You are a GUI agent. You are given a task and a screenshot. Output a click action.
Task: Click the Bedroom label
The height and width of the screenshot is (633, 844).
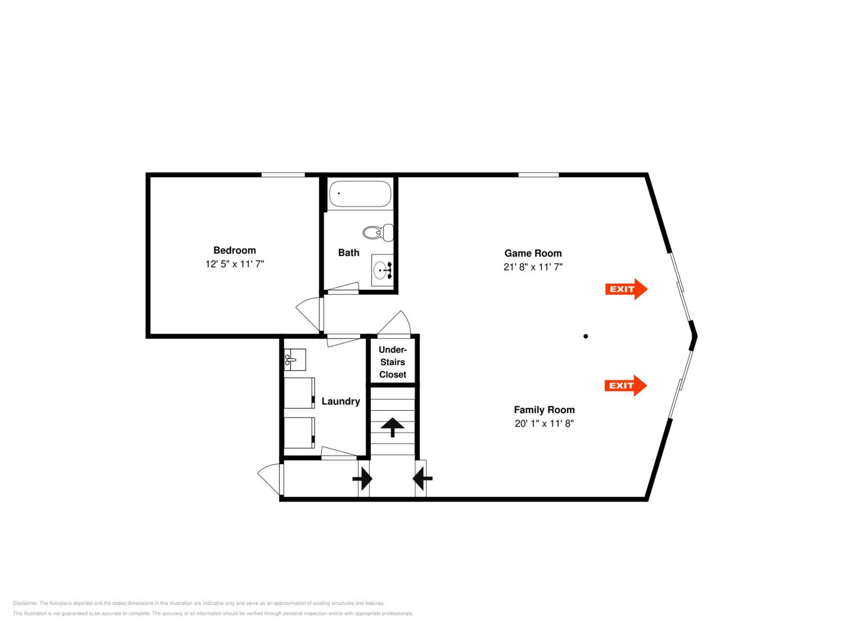point(235,250)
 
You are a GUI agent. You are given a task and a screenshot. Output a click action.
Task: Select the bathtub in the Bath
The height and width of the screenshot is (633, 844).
point(360,194)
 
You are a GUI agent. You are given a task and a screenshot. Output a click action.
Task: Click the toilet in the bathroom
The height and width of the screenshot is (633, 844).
point(378,232)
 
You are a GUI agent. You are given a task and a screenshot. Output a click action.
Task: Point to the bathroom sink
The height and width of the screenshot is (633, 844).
point(382,270)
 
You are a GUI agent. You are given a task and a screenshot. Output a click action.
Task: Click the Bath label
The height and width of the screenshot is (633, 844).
point(349,253)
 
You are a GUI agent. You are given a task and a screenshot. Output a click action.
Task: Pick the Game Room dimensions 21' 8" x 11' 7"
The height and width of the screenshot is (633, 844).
point(533,267)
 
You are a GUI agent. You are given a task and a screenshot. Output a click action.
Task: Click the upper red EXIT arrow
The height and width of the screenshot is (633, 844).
point(626,289)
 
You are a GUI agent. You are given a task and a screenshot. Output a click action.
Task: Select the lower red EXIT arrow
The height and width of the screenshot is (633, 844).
point(626,385)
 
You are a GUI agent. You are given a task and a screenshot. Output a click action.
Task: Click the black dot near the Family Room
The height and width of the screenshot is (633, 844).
point(586,336)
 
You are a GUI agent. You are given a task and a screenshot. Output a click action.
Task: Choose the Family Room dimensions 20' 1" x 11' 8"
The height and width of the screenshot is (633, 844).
point(544,423)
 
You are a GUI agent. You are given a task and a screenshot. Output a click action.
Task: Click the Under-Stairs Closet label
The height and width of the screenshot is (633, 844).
point(393,362)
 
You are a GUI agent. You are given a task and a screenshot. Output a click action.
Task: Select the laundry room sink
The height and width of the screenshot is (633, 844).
point(295,360)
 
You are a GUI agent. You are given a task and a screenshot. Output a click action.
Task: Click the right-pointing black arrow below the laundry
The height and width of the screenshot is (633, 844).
point(362,479)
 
